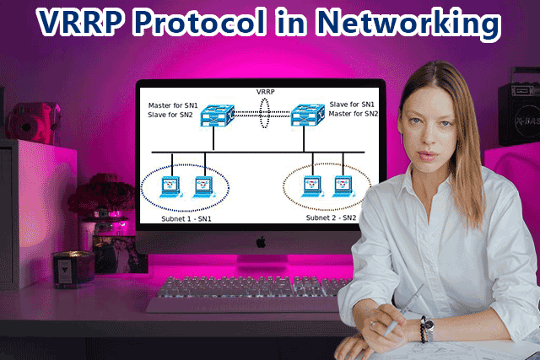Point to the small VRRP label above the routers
pyautogui.click(x=267, y=90)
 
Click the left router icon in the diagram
pyautogui.click(x=214, y=116)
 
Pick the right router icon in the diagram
pyautogui.click(x=308, y=116)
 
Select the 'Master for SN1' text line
pyautogui.click(x=171, y=104)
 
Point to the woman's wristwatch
pyautogui.click(x=429, y=327)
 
